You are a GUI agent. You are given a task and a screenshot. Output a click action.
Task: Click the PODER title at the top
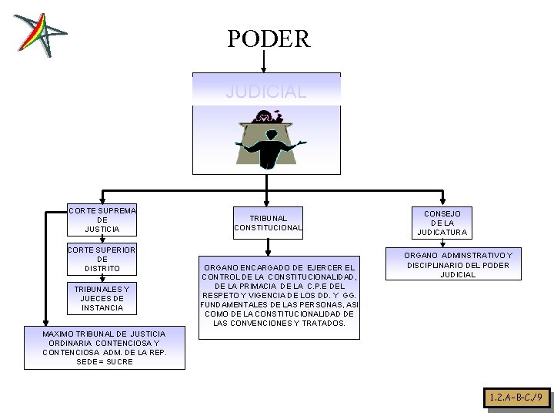coord(269,39)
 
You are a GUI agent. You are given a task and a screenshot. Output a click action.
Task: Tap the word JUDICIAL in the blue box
coord(265,92)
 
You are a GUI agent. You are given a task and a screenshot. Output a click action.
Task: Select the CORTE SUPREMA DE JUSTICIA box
coord(102,220)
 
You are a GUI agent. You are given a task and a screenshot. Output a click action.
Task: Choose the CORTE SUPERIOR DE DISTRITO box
coord(102,259)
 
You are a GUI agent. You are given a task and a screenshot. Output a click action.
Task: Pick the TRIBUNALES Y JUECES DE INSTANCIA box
coord(102,297)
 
